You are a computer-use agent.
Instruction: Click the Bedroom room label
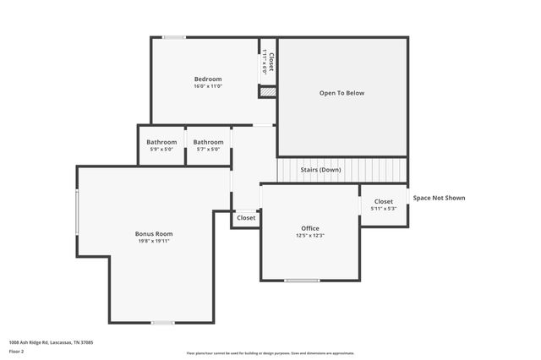[207, 79]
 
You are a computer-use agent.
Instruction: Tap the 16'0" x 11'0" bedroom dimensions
[207, 86]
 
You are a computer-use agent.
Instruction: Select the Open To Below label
[342, 93]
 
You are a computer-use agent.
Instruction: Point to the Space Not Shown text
[439, 198]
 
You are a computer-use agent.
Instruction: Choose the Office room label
[310, 228]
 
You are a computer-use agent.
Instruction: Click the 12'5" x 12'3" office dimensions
[310, 236]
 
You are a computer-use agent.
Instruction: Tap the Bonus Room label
[154, 233]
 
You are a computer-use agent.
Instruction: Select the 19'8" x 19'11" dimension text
[154, 241]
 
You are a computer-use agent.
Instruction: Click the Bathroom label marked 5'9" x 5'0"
[161, 142]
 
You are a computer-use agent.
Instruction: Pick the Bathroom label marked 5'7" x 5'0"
[208, 142]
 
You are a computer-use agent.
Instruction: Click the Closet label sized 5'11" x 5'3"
[383, 201]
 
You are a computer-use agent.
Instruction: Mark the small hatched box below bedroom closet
[267, 90]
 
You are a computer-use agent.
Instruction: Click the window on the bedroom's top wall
[174, 37]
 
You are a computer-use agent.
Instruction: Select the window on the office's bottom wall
[302, 280]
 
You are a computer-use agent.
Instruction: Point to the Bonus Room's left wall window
[77, 211]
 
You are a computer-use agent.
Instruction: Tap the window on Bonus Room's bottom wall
[162, 322]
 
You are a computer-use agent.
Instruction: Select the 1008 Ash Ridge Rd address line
[51, 342]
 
